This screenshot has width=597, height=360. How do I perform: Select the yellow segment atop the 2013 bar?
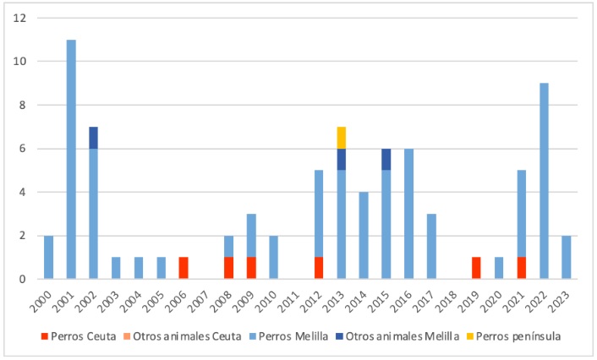point(342,137)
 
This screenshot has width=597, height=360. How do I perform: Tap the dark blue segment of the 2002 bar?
point(94,137)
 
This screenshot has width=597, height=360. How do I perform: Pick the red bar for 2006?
point(183,268)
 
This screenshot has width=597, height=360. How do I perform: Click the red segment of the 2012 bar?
point(319,268)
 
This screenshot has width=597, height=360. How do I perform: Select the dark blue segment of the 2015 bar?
point(386,159)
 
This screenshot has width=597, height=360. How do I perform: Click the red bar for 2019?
point(477,268)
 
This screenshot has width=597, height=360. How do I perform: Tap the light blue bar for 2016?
point(409,213)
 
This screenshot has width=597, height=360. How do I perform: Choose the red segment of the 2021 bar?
point(522,268)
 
